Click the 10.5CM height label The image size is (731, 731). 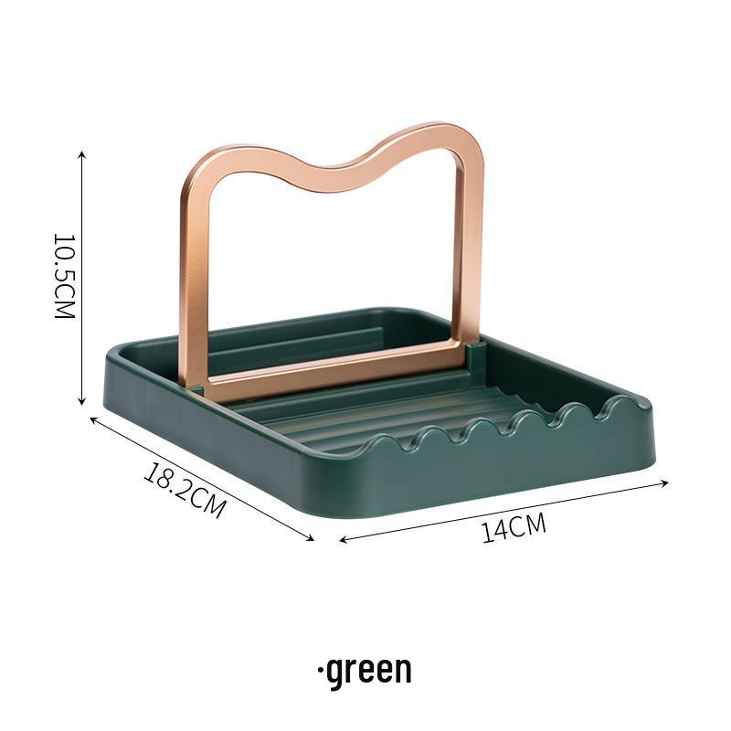pyautogui.click(x=63, y=276)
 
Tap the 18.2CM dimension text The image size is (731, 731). pyautogui.click(x=185, y=491)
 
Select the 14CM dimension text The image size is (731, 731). pyautogui.click(x=514, y=529)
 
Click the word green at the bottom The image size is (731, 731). pyautogui.click(x=369, y=670)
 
